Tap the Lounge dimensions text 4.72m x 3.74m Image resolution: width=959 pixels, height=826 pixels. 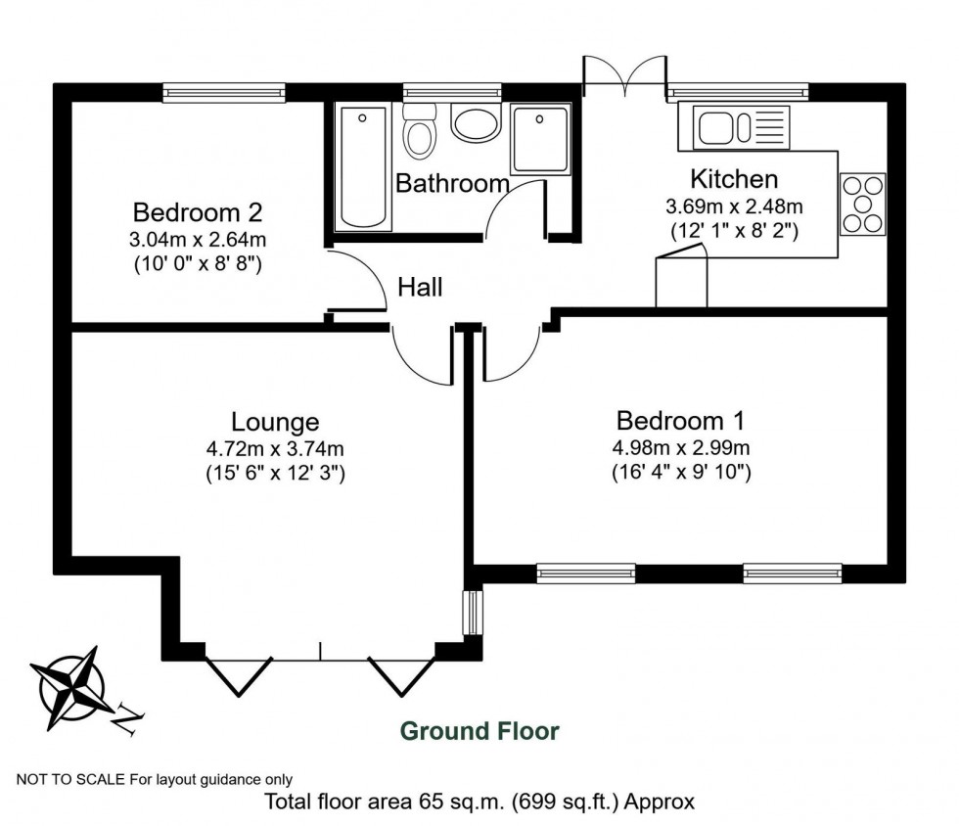(274, 449)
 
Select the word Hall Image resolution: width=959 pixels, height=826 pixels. (420, 288)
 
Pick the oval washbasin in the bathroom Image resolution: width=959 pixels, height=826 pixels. (477, 124)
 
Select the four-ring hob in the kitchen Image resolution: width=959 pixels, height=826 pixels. (862, 204)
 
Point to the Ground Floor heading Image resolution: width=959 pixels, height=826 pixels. (480, 731)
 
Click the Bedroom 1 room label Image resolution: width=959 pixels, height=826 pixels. (680, 421)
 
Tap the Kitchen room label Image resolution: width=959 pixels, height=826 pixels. (734, 179)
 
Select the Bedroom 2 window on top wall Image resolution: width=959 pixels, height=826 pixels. (224, 92)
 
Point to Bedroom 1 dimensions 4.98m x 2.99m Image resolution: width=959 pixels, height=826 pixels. (682, 449)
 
